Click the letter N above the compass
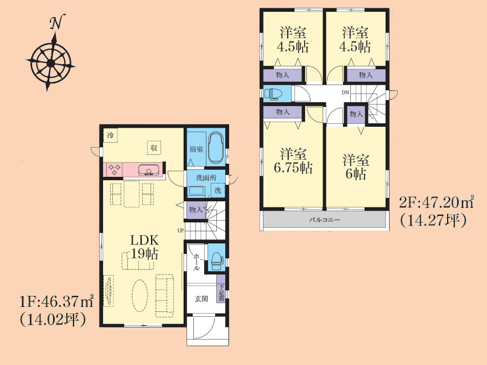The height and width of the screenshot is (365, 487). click(x=57, y=22)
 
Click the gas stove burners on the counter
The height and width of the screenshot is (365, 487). click(x=114, y=169)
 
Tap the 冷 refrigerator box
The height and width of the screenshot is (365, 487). click(x=110, y=135)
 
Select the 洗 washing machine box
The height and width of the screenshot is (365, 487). click(x=218, y=190)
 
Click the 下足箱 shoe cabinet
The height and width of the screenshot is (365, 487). click(x=221, y=289)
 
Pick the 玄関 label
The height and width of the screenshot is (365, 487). click(x=201, y=299)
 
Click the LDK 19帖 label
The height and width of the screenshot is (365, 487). click(x=144, y=247)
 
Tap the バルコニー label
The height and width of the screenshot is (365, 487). click(x=324, y=220)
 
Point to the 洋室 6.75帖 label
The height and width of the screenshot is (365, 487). click(x=293, y=161)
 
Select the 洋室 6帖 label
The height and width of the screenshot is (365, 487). click(x=356, y=167)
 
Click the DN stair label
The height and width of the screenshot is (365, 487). click(x=345, y=92)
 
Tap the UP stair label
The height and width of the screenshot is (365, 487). click(x=180, y=230)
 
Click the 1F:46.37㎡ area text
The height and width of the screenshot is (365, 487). click(x=56, y=301)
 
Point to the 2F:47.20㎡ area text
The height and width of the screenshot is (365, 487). click(x=437, y=202)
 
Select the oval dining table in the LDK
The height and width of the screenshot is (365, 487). click(x=139, y=295)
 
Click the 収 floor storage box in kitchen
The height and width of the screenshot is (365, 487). click(x=154, y=148)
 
